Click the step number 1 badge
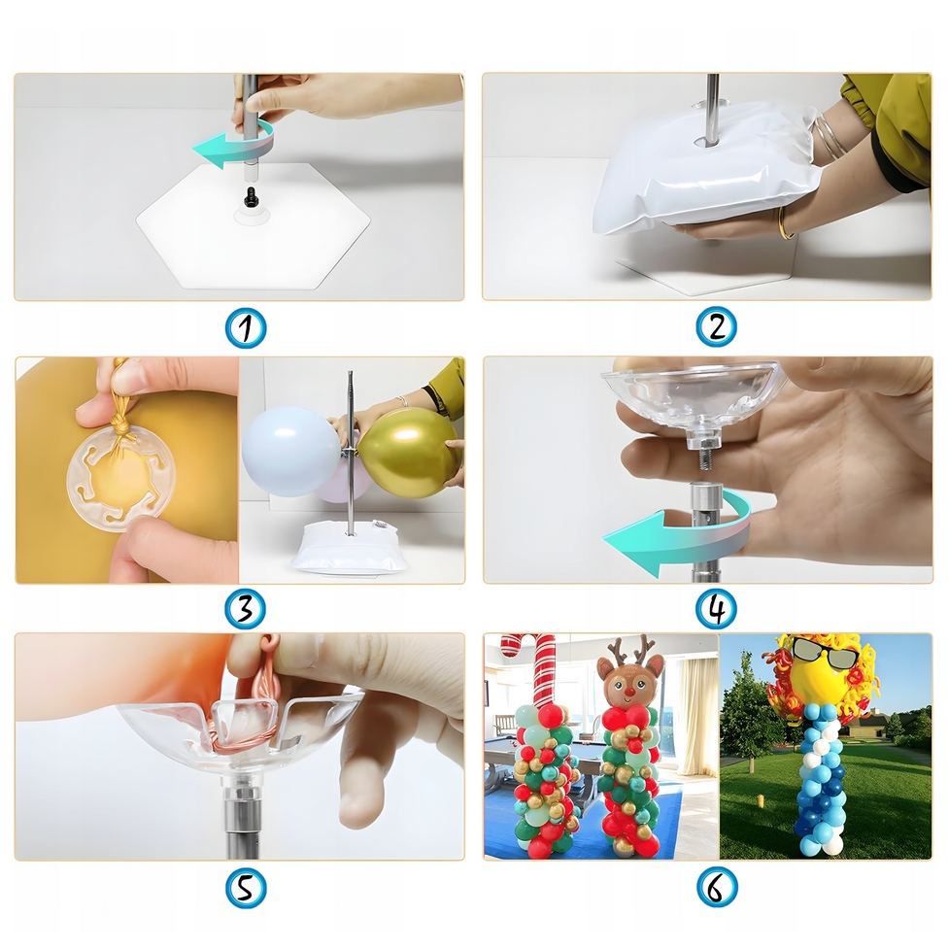click(x=246, y=328)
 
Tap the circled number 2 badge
click(x=717, y=327)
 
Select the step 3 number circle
click(x=245, y=609)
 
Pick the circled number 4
click(x=717, y=609)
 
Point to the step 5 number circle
click(x=246, y=889)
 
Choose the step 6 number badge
click(x=717, y=889)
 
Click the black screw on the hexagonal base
click(x=249, y=196)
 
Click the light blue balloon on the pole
click(x=288, y=451)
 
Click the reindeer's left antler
click(x=614, y=651)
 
